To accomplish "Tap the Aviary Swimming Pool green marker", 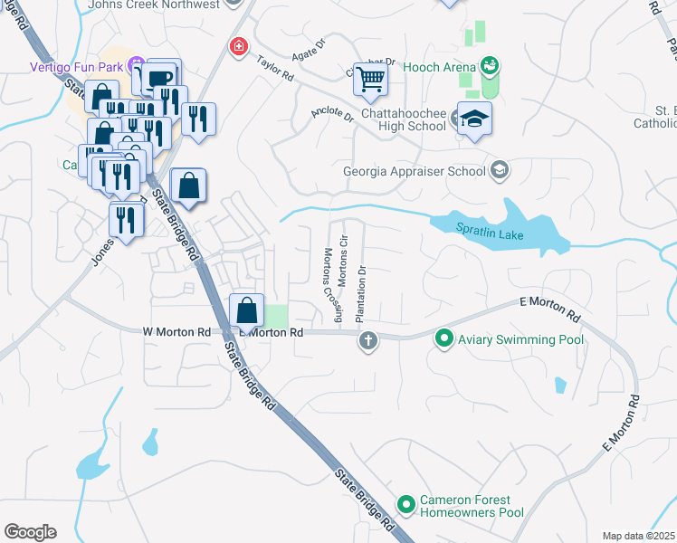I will pyautogui.click(x=444, y=339).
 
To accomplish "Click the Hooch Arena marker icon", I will pyautogui.click(x=490, y=65).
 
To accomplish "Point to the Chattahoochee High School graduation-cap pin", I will pyautogui.click(x=474, y=120).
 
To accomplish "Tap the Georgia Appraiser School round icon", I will pyautogui.click(x=499, y=170).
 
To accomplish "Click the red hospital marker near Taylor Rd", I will pyautogui.click(x=238, y=45).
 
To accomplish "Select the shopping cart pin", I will pyautogui.click(x=369, y=80).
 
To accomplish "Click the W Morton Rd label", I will pyautogui.click(x=176, y=332).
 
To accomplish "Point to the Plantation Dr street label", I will pyautogui.click(x=361, y=294).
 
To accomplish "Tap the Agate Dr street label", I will pyautogui.click(x=308, y=48).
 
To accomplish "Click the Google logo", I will pyautogui.click(x=30, y=532).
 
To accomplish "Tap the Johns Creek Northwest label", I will pyautogui.click(x=154, y=5).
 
